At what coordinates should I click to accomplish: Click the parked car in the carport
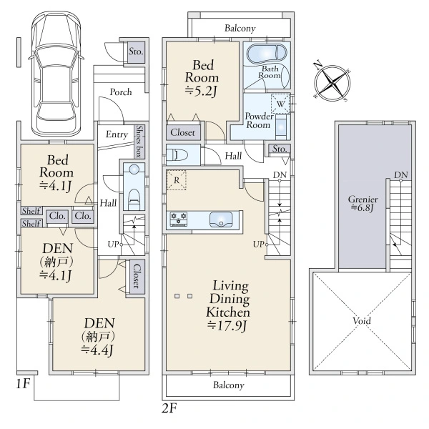point(56,74)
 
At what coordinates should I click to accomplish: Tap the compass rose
point(332,82)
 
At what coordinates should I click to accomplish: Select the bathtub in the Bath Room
point(267,54)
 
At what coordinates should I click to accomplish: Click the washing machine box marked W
point(280,104)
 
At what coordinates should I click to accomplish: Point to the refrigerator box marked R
point(177,180)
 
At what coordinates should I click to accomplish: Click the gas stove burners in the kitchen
point(179,219)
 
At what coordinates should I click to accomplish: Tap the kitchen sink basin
point(221,220)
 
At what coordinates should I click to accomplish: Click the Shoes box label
point(140,142)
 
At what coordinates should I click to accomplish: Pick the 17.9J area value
point(227,326)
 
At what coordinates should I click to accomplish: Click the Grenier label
point(363,199)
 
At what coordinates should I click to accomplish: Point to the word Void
point(362,320)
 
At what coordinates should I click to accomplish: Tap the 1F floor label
point(23,383)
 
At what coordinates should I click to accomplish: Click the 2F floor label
point(169,408)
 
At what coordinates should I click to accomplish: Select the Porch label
point(121,92)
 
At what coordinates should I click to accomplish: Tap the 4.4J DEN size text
point(97,350)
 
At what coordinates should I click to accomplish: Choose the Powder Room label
point(259,121)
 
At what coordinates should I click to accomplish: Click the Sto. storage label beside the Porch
point(136,51)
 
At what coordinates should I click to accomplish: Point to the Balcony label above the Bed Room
point(240,28)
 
